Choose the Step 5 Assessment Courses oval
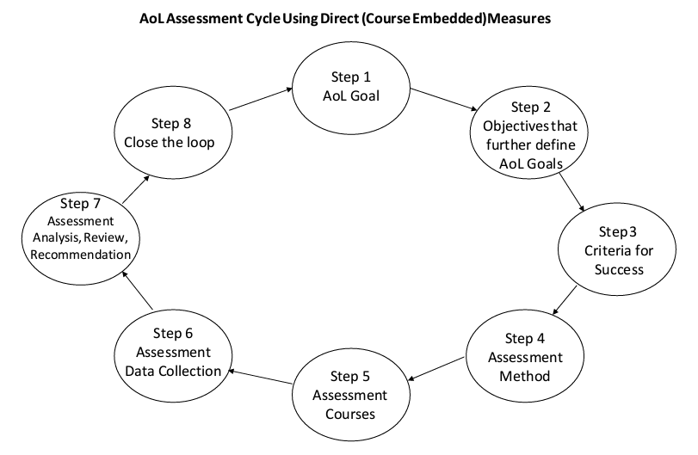[349, 393]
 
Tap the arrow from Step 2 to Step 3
[571, 191]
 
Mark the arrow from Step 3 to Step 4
[566, 302]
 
